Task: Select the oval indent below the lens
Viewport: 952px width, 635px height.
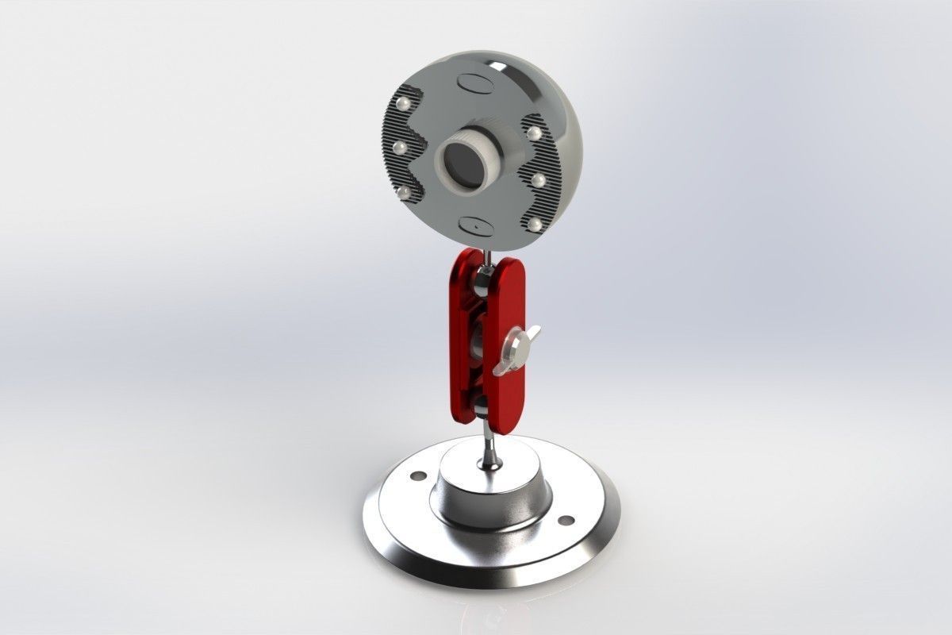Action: [478, 225]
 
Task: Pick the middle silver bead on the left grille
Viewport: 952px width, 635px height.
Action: [399, 147]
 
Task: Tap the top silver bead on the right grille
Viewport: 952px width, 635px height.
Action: [534, 132]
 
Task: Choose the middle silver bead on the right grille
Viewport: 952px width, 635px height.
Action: [539, 180]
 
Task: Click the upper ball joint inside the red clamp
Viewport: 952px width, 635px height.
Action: [481, 279]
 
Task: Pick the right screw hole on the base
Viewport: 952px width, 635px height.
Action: [566, 520]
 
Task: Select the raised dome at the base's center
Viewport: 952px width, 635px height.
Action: [488, 488]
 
